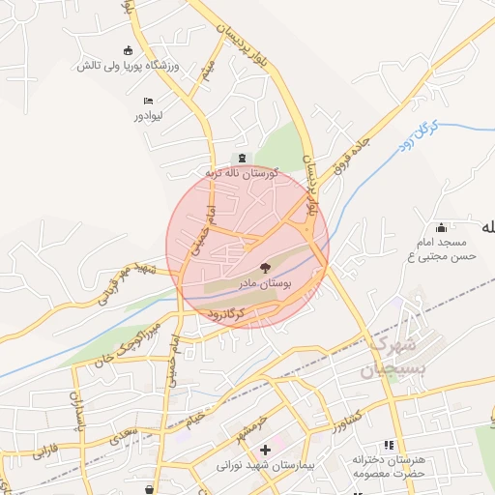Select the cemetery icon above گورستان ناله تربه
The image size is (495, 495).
pos(242,159)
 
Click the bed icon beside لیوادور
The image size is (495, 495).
pos(148,101)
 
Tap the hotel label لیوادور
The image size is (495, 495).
pos(151,115)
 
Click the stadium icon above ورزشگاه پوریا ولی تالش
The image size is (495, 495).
pos(128,51)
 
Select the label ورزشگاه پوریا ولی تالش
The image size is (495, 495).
pos(128,66)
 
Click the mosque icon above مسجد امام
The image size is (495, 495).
pos(442,226)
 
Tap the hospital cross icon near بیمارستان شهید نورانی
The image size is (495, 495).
pos(265,450)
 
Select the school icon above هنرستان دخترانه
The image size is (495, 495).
pos(389,445)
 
